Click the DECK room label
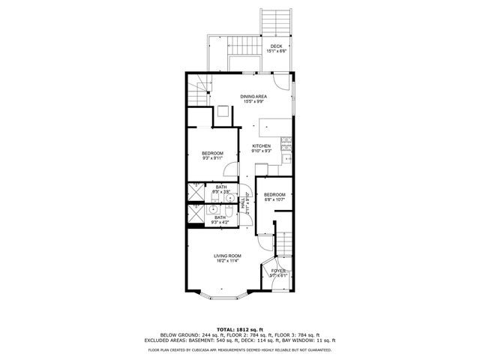pyautogui.click(x=277, y=46)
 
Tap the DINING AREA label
pyautogui.click(x=253, y=97)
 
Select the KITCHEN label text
pyautogui.click(x=261, y=145)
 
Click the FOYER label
pyautogui.click(x=278, y=270)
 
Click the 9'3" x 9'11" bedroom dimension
pyautogui.click(x=212, y=158)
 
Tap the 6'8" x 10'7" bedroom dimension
pyautogui.click(x=274, y=199)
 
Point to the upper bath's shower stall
pyautogui.click(x=195, y=192)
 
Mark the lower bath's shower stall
pyautogui.click(x=195, y=216)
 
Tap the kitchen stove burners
pyautogui.click(x=286, y=142)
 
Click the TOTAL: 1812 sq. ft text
pyautogui.click(x=240, y=329)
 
